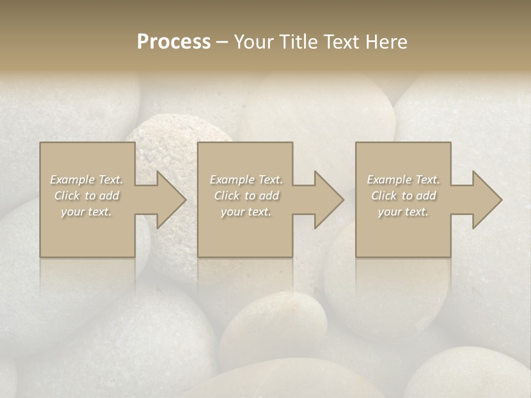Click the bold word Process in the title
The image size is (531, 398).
pos(174,42)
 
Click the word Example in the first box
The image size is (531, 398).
pos(72,180)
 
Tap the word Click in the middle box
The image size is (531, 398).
pos(226,196)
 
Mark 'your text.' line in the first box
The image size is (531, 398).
pos(86,212)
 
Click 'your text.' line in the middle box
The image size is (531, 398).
pos(246,212)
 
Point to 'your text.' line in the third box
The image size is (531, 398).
pos(403,212)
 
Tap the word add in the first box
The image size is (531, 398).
pos(110,196)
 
